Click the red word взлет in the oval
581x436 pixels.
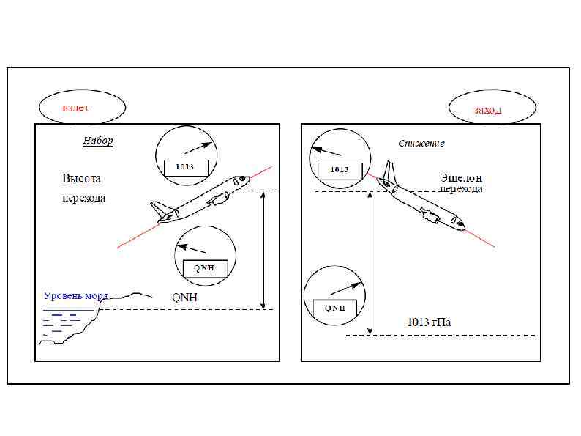pos(76,108)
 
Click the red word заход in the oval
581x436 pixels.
pos(487,111)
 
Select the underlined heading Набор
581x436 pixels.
pos(98,141)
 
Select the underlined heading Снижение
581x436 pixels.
pos(421,143)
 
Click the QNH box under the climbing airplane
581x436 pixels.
pos(204,267)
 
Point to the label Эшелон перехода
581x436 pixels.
pos(461,182)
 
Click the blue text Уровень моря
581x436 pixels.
pos(76,296)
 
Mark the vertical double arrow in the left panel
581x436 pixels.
pos(263,250)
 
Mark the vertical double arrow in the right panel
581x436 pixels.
pos(371,264)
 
